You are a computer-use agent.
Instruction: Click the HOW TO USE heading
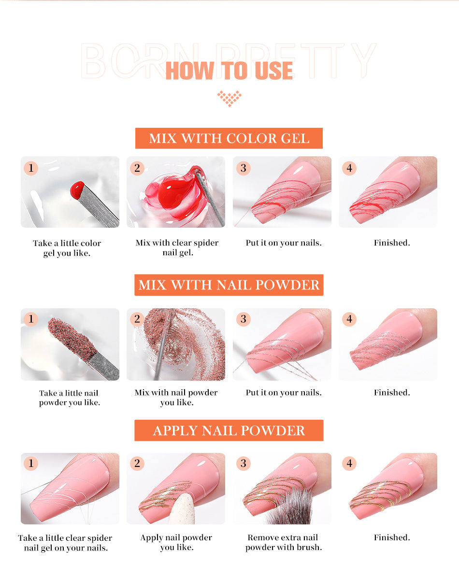click(229, 71)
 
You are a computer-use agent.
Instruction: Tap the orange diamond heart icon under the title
click(229, 98)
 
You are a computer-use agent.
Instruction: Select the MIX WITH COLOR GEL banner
click(229, 138)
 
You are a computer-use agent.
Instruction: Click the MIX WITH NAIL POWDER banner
click(229, 285)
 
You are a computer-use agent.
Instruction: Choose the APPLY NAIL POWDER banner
click(229, 430)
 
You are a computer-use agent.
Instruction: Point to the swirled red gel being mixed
click(174, 191)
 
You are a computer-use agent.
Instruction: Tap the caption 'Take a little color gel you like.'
click(67, 248)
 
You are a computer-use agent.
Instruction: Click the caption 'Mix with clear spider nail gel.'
click(177, 247)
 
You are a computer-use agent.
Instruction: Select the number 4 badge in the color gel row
click(349, 168)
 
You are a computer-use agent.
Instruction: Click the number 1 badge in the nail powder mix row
click(31, 319)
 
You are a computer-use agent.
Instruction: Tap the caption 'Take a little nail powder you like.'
click(69, 398)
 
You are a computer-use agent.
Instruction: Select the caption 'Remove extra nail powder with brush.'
click(283, 542)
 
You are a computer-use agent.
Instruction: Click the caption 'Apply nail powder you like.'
click(176, 542)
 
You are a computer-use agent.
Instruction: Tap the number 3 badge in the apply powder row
click(243, 464)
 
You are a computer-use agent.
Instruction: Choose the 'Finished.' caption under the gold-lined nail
click(391, 537)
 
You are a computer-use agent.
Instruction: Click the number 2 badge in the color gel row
click(137, 168)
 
